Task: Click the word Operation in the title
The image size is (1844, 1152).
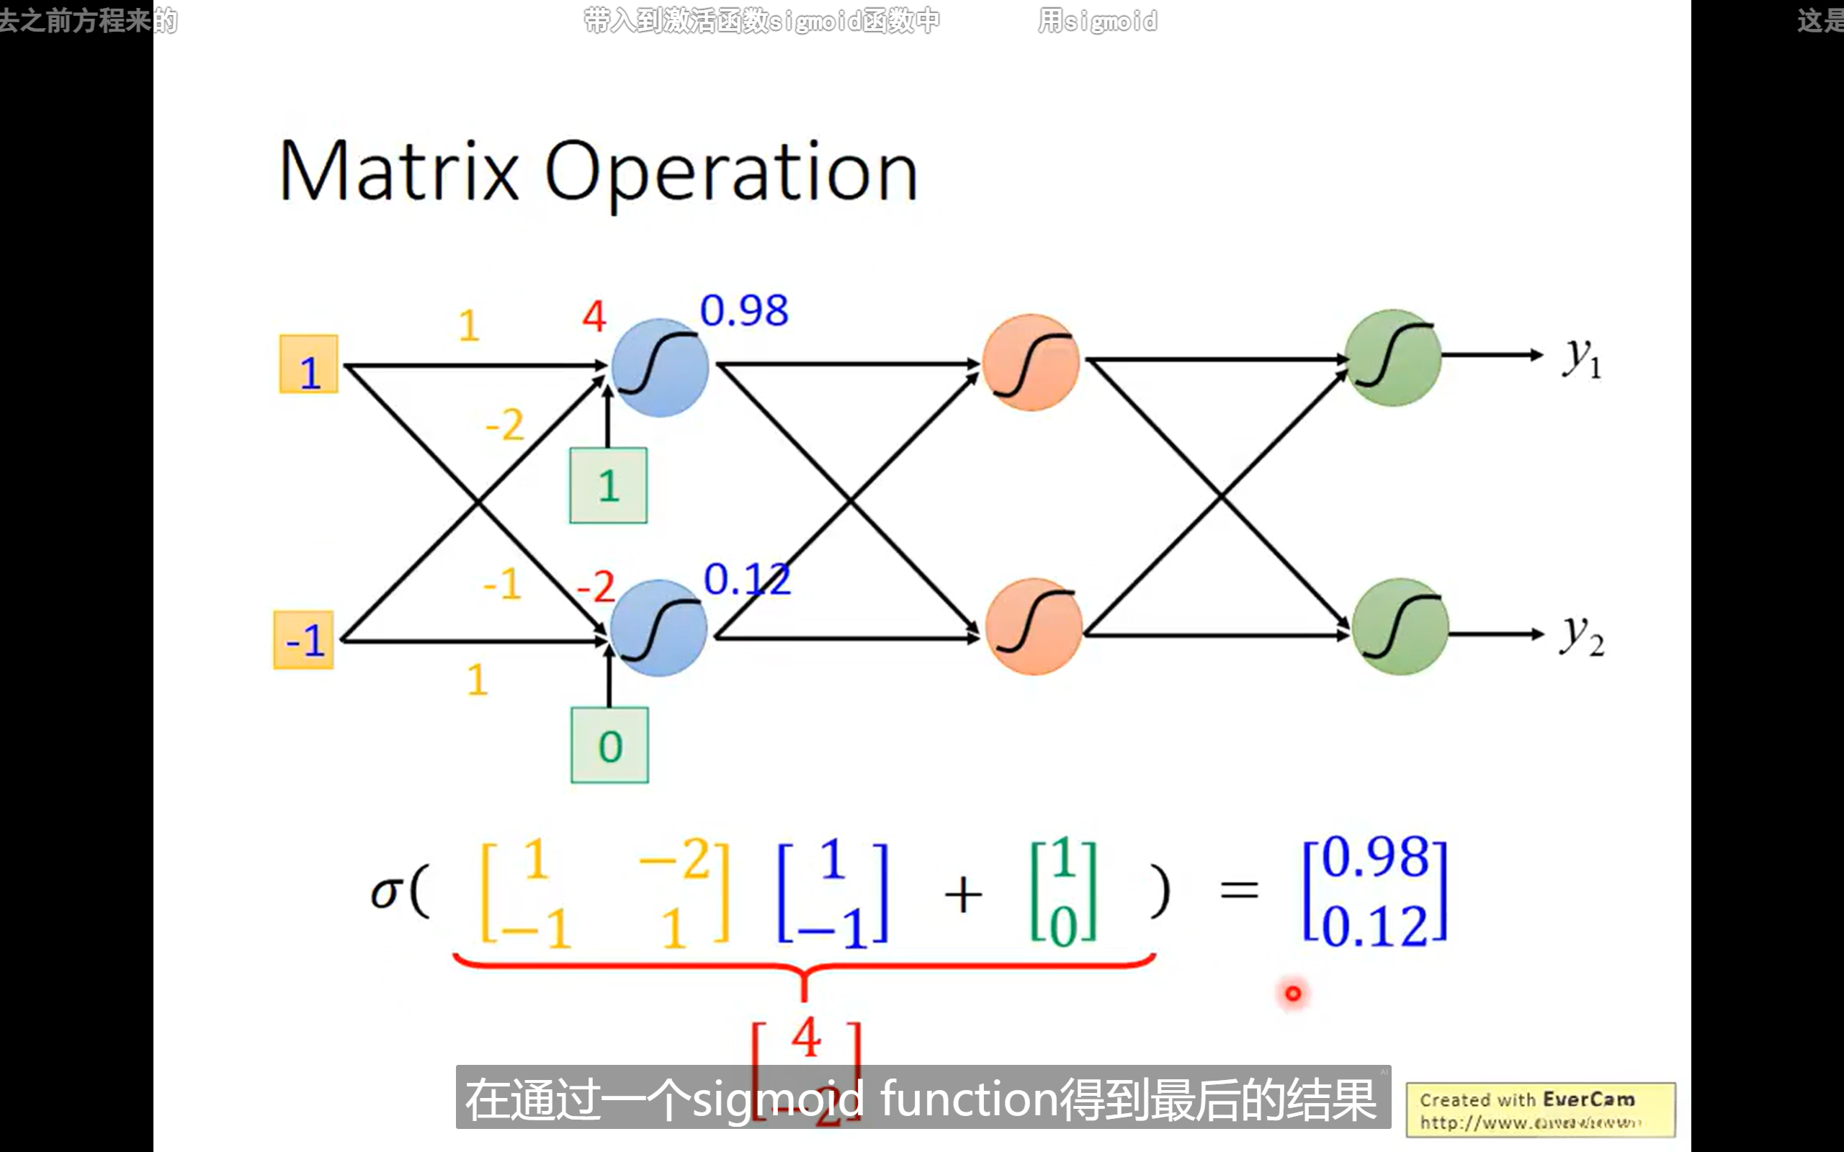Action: [730, 174]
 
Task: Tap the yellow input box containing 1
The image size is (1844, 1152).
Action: [308, 364]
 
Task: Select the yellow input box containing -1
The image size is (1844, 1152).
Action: [303, 640]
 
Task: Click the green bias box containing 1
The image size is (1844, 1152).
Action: [608, 485]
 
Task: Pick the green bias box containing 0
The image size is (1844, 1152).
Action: [609, 745]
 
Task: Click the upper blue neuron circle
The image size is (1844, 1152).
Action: [660, 367]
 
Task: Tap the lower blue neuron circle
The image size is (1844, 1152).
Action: [658, 628]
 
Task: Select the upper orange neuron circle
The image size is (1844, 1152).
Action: [1030, 363]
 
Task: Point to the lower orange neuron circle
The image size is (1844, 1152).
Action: [1033, 626]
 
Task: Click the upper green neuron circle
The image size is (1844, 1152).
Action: [1393, 357]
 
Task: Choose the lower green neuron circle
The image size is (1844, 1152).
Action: [1400, 626]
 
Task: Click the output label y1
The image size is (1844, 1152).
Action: [1582, 357]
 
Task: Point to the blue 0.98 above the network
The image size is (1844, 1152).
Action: [743, 311]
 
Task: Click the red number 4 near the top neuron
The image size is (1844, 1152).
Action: [594, 315]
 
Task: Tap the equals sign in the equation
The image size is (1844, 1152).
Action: [1239, 889]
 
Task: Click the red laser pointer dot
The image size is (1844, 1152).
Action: [1293, 993]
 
